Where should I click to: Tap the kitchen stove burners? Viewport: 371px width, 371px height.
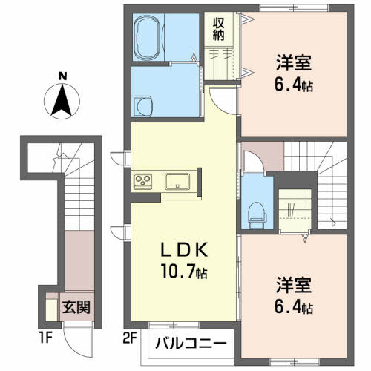pos(142,182)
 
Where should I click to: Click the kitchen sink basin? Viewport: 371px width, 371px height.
pos(178,182)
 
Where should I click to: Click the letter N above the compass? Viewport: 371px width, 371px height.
pos(64,75)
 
